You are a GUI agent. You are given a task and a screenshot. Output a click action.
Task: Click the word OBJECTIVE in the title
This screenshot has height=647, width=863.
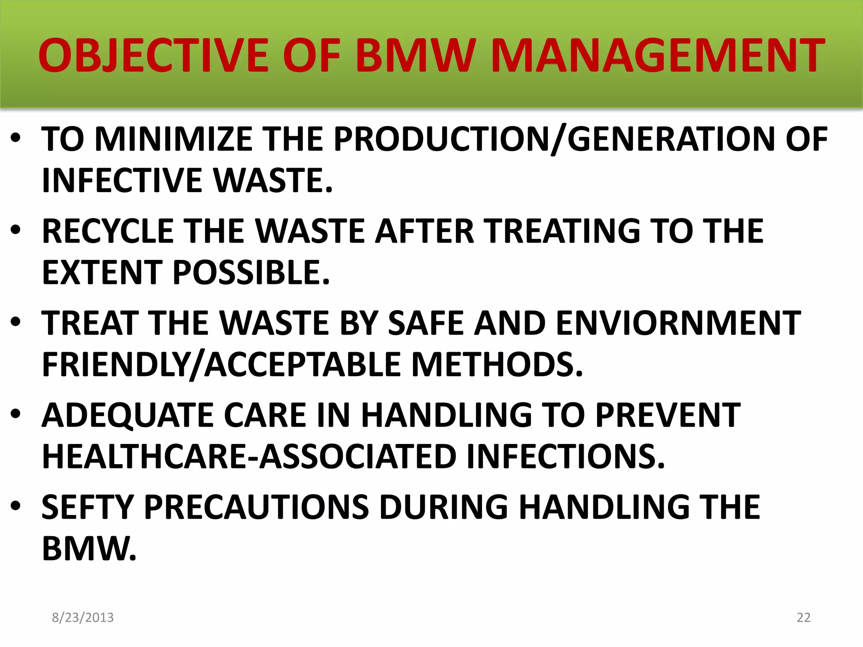153,55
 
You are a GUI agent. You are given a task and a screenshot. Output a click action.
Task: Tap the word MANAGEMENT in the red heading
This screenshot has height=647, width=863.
657,55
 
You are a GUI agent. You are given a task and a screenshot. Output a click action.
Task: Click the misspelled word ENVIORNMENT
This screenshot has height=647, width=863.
678,323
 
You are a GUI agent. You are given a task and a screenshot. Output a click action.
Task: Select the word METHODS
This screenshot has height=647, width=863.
497,364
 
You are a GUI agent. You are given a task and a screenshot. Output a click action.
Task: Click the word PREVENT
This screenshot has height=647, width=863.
667,415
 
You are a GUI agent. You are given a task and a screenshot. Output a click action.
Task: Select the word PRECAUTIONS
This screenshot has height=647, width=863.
257,507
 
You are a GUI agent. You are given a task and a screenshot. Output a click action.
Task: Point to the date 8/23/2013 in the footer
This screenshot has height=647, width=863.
83,618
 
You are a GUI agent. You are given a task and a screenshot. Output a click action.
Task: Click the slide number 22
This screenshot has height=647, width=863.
804,618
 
